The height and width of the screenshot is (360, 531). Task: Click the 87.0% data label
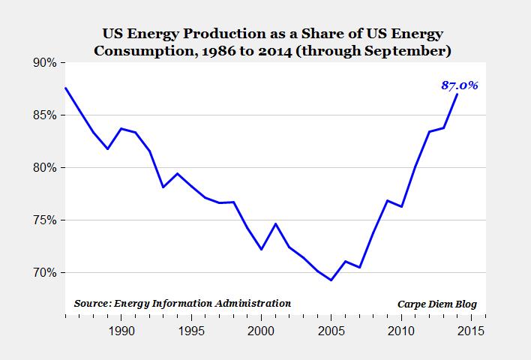point(459,85)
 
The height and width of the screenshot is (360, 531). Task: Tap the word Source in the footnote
point(91,303)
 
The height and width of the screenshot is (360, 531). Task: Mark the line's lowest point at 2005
point(331,280)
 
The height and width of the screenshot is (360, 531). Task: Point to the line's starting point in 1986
point(66,88)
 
